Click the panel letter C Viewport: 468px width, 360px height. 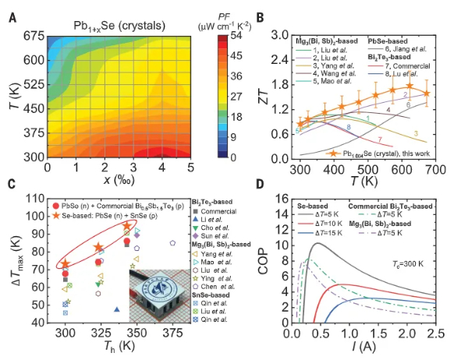(x=11, y=185)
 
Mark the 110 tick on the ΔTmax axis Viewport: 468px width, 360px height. (x=37, y=199)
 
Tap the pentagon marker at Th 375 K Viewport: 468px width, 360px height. (x=173, y=243)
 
